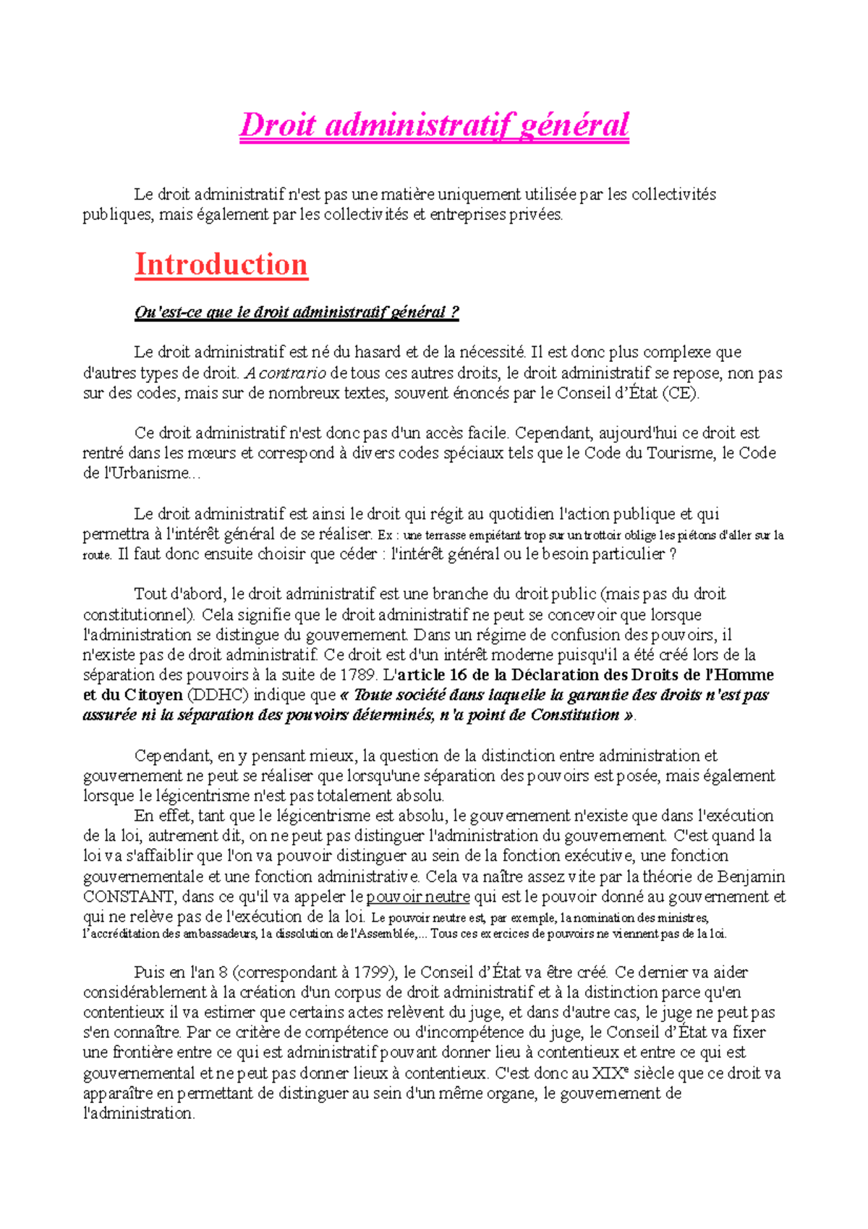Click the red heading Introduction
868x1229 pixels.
[221, 265]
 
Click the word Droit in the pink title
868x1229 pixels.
[277, 125]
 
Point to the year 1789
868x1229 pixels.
[358, 675]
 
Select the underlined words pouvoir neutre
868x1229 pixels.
[417, 897]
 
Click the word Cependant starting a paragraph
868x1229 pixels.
[173, 756]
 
